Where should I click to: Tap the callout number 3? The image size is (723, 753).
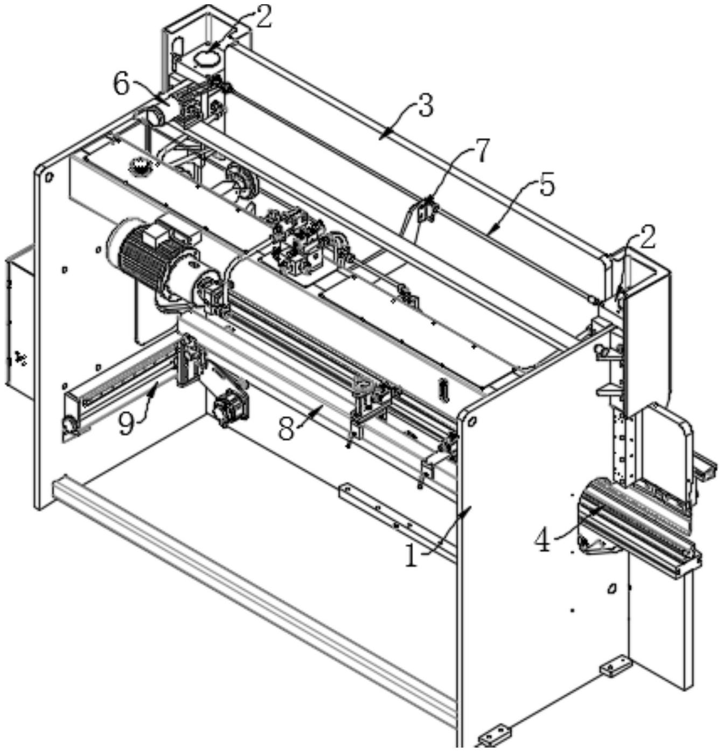pyautogui.click(x=425, y=106)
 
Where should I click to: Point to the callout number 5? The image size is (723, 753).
pyautogui.click(x=545, y=186)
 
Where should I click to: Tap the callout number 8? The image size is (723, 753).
pyautogui.click(x=287, y=429)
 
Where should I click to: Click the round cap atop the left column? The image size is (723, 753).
pyautogui.click(x=207, y=58)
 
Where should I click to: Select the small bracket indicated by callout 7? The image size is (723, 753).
pyautogui.click(x=427, y=210)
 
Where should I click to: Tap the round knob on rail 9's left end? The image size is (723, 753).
pyautogui.click(x=69, y=424)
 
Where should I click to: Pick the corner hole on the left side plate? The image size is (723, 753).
pyautogui.click(x=49, y=176)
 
